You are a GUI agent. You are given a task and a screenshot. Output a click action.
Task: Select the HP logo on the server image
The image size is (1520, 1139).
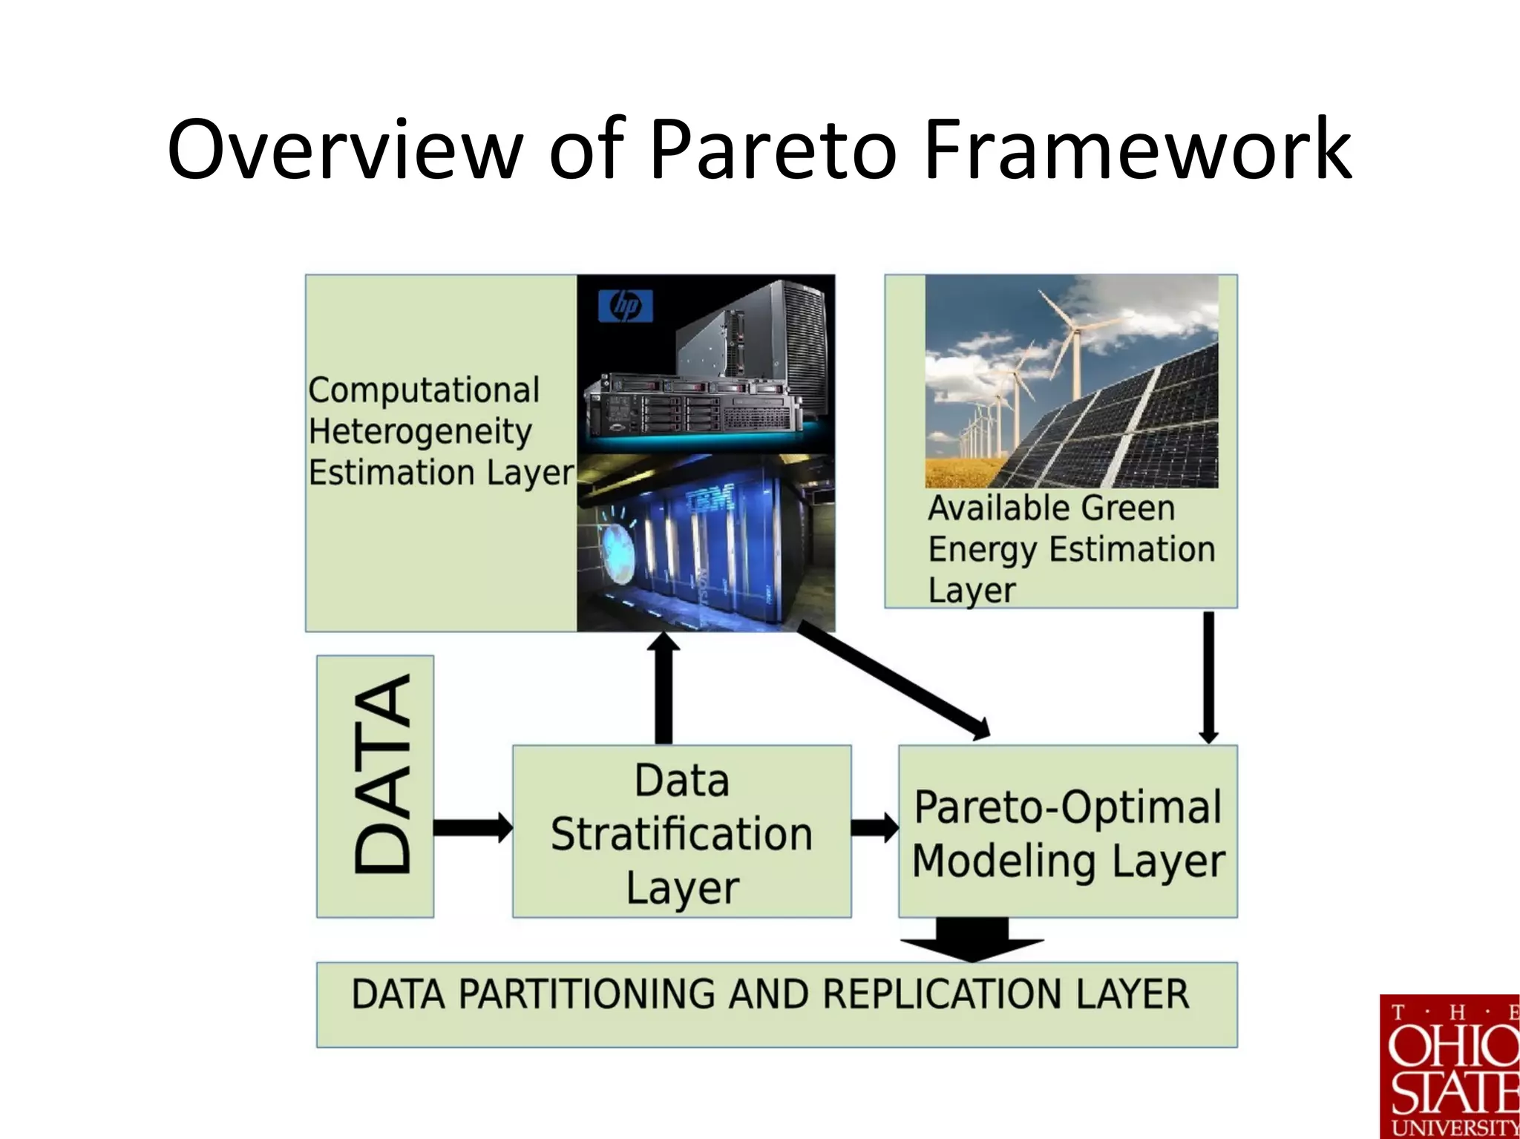625,306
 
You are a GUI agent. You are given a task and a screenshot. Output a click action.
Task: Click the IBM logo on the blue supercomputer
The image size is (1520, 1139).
710,499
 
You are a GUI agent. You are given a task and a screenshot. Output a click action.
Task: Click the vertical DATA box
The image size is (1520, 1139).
376,787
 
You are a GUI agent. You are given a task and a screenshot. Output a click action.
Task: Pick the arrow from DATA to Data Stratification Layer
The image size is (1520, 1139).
472,827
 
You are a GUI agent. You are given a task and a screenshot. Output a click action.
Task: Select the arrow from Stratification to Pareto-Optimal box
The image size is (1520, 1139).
874,827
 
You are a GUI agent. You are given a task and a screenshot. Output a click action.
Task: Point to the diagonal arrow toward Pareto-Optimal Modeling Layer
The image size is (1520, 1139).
891,679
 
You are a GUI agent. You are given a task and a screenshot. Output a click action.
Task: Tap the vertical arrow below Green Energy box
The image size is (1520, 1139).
1208,675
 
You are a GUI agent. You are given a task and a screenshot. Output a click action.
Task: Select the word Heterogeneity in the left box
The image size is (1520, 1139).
420,432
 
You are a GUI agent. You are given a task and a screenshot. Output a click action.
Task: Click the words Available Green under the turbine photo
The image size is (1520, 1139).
1051,509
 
